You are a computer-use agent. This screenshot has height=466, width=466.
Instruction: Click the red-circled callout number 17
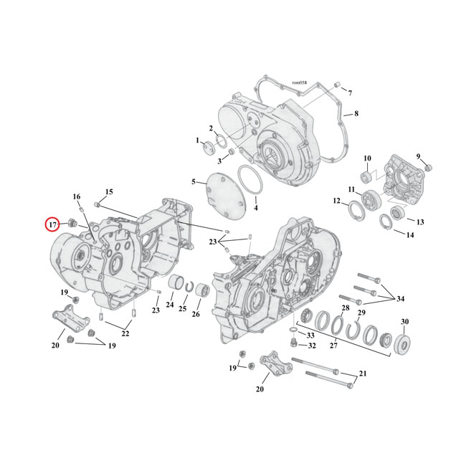point(52,224)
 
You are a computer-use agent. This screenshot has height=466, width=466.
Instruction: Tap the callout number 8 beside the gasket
point(356,114)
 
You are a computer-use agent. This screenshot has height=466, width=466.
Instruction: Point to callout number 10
point(366,158)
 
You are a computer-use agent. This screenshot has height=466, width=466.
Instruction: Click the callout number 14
point(410,235)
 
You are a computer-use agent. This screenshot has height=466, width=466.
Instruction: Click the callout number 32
point(312,346)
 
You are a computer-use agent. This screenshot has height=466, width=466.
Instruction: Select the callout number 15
point(109,192)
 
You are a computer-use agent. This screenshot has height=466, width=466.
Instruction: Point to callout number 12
point(336,201)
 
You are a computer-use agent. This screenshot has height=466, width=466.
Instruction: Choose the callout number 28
point(346,308)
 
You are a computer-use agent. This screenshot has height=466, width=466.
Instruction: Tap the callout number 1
point(197,141)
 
